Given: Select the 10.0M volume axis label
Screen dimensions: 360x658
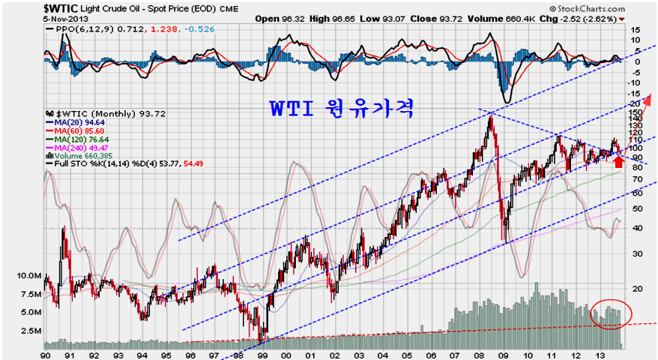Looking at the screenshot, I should (x=27, y=276).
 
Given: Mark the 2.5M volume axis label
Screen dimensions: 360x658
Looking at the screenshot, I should (x=28, y=331).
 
